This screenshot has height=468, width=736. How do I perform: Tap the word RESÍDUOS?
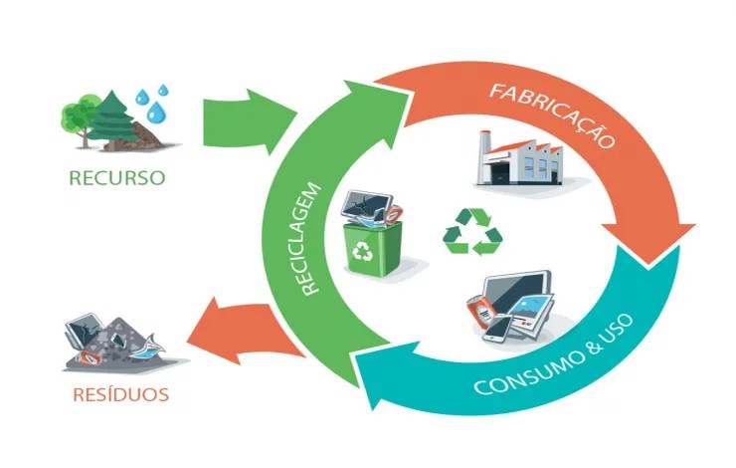[119, 394]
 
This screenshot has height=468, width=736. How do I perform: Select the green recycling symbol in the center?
[472, 232]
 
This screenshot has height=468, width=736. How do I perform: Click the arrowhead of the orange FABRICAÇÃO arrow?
[652, 239]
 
